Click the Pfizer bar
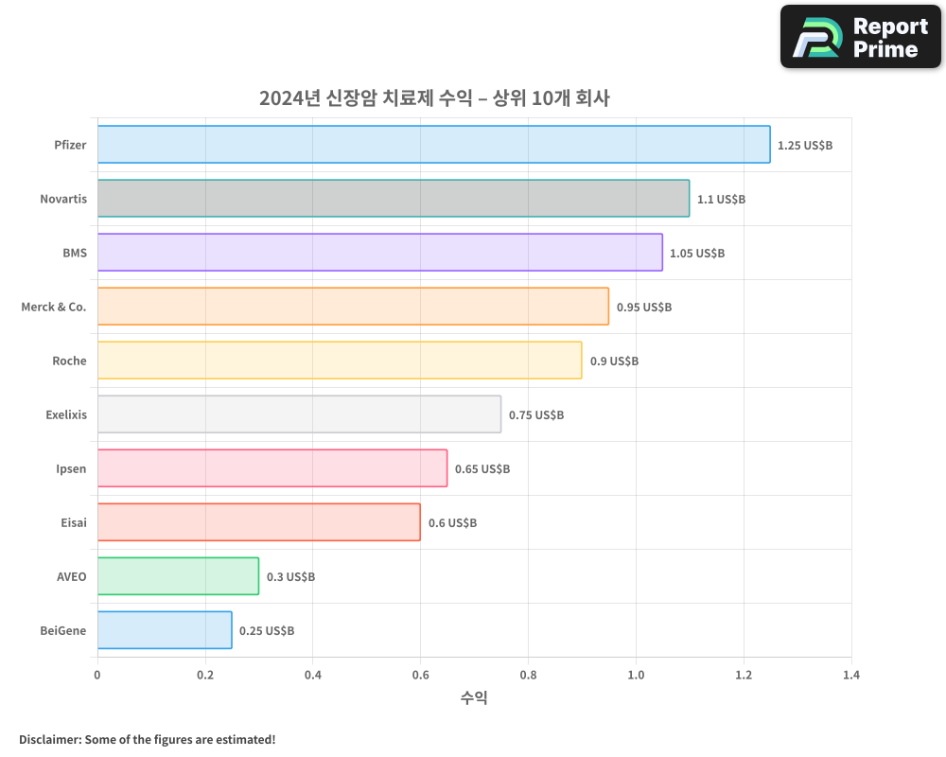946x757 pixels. pyautogui.click(x=433, y=145)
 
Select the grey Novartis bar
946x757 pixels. pyautogui.click(x=393, y=199)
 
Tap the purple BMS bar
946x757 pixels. pyautogui.click(x=379, y=253)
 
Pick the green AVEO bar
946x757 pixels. pyautogui.click(x=178, y=576)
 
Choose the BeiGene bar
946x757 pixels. pyautogui.click(x=165, y=630)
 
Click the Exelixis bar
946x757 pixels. pyautogui.click(x=299, y=414)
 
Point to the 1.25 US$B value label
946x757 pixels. pyautogui.click(x=804, y=146)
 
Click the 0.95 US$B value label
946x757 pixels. pyautogui.click(x=643, y=308)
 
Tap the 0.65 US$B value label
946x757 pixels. pyautogui.click(x=482, y=469)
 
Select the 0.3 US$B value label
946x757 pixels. pyautogui.click(x=290, y=577)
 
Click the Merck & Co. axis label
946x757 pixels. pyautogui.click(x=54, y=307)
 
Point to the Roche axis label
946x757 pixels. pyautogui.click(x=69, y=361)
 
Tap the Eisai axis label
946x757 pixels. pyautogui.click(x=73, y=522)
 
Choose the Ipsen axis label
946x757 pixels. pyautogui.click(x=71, y=468)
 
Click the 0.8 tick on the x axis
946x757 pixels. pyautogui.click(x=528, y=676)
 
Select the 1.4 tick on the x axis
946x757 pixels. pyautogui.click(x=850, y=676)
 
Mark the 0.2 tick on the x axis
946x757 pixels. pyautogui.click(x=205, y=676)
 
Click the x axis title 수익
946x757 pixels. pyautogui.click(x=474, y=698)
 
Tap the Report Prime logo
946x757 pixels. pyautogui.click(x=860, y=37)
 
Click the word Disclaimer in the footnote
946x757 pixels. pyautogui.click(x=49, y=739)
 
